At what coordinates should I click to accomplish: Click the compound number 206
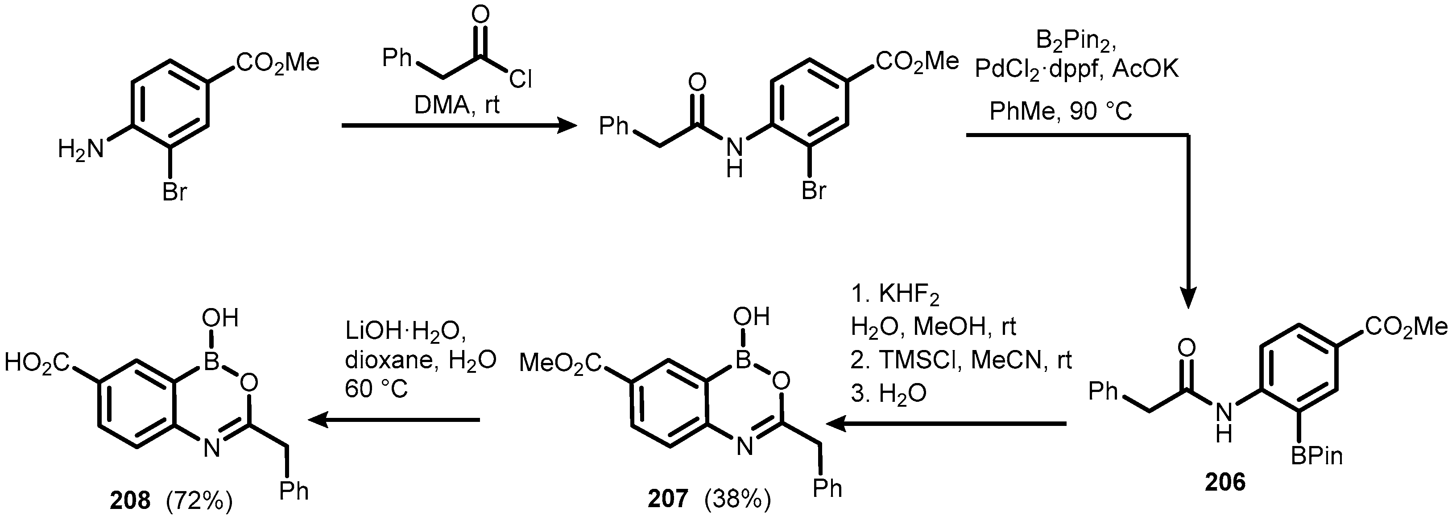click(1225, 482)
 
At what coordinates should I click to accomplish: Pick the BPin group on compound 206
click(1316, 455)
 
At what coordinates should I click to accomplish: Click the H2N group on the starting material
click(81, 150)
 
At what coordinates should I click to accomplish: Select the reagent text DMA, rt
click(457, 105)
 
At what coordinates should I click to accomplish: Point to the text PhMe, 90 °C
click(1061, 112)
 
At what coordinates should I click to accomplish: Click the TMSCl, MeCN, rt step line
click(961, 360)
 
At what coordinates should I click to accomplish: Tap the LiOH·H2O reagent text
click(406, 333)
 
